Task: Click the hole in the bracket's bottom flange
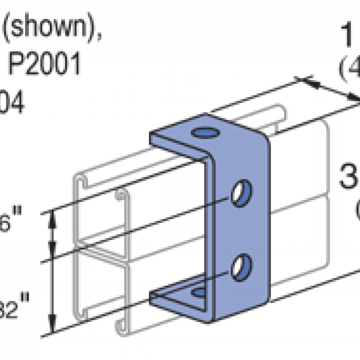tap(199, 293)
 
